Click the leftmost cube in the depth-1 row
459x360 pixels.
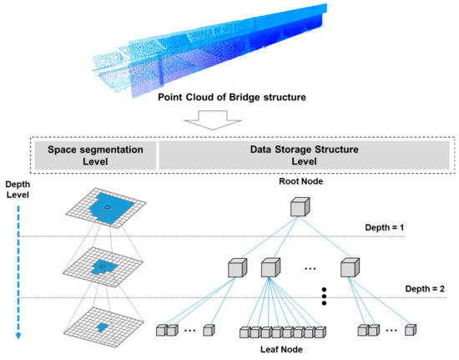point(238,269)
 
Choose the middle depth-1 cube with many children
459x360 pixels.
point(270,269)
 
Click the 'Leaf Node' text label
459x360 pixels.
point(283,350)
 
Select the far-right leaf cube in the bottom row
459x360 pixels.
point(409,331)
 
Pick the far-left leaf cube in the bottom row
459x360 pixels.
point(162,331)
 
